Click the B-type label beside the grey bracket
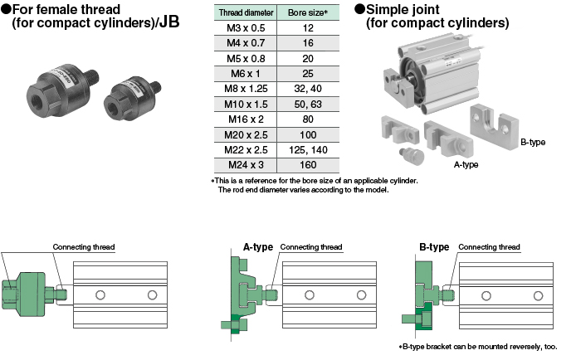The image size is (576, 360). pos(532,143)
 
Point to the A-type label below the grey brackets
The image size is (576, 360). pos(465,164)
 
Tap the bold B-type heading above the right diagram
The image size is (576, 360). pos(434,247)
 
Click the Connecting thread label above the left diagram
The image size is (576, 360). pos(84,247)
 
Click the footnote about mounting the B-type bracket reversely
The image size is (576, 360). pos(479,348)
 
